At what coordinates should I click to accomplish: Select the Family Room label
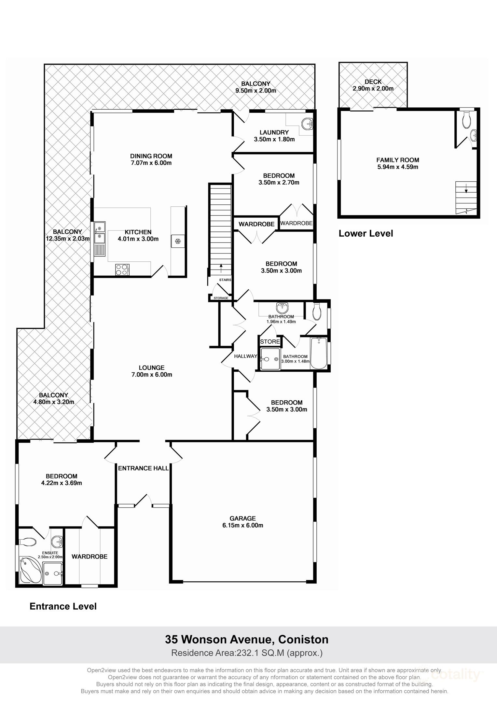[x=397, y=160]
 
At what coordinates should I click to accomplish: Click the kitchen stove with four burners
[x=122, y=270]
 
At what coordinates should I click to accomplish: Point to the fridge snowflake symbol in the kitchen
[x=178, y=241]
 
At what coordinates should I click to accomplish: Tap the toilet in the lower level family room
[x=466, y=120]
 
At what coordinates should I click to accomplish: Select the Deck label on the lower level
[x=373, y=82]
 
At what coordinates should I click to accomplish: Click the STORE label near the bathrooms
[x=270, y=341]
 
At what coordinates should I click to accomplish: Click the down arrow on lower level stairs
[x=466, y=189]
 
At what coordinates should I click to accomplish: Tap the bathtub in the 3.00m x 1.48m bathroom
[x=319, y=353]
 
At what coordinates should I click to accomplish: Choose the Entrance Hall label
[x=143, y=468]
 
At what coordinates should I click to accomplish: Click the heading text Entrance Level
[x=63, y=606]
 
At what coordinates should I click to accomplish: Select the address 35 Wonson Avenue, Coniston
[x=247, y=639]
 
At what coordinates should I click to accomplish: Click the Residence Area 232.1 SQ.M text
[x=247, y=653]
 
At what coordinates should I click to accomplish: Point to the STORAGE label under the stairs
[x=221, y=298]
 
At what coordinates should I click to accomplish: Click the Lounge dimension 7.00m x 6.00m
[x=151, y=375]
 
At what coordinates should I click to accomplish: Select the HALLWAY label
[x=245, y=356]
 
